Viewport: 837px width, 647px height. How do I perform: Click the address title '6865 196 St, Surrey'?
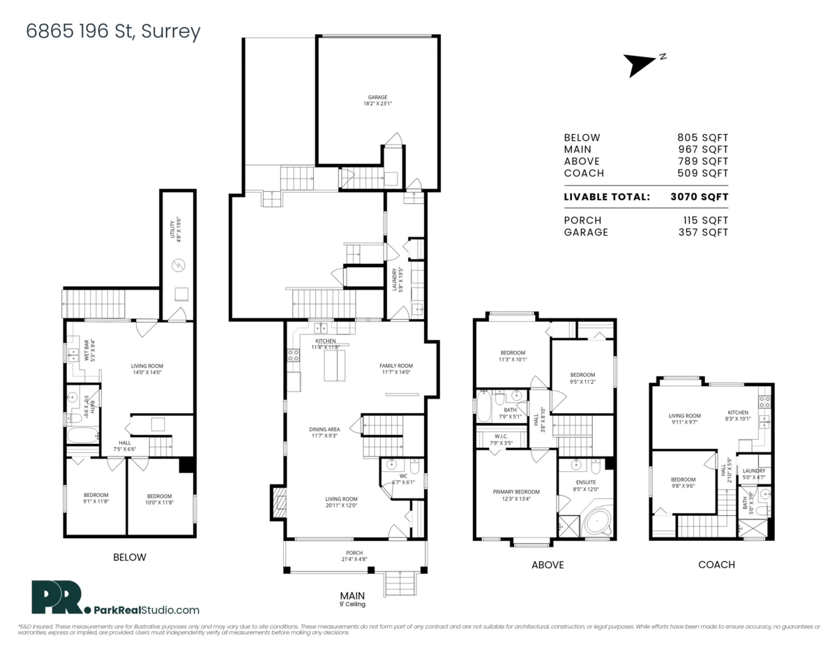[x=113, y=31]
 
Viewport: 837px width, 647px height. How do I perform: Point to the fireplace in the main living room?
[x=278, y=502]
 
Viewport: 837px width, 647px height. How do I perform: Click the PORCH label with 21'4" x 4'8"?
[x=352, y=556]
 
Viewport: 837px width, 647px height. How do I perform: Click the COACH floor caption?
[x=716, y=564]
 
